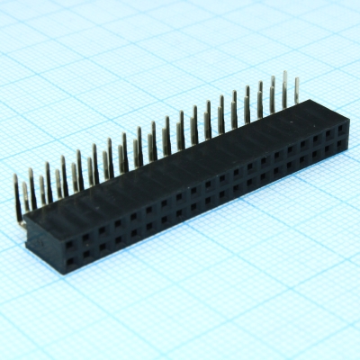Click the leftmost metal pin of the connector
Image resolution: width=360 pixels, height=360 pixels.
coord(16,193)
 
